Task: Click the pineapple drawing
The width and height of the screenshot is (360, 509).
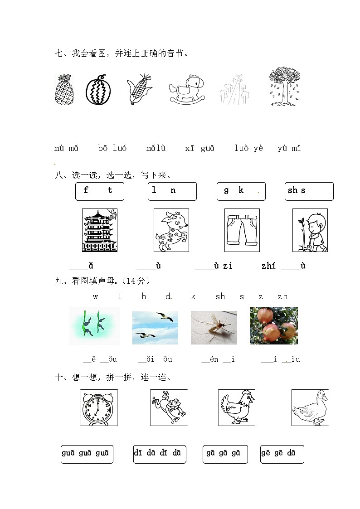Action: [x=64, y=90]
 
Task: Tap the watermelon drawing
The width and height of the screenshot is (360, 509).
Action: [x=98, y=90]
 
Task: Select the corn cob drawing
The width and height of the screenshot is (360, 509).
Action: [x=139, y=90]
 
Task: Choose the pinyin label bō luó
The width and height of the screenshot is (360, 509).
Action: [x=112, y=148]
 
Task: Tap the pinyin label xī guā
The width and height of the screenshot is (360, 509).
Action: [x=200, y=148]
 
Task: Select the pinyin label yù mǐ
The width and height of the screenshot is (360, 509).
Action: [x=289, y=148]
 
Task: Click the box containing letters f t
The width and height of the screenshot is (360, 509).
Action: [x=99, y=191]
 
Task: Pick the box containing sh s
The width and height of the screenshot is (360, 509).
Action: [x=309, y=191]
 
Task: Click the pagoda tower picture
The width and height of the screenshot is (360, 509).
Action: [x=99, y=230]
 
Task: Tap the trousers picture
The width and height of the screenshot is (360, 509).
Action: [x=242, y=230]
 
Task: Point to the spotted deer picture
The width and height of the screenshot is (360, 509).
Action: [x=171, y=230]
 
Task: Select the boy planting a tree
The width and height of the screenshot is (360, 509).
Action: [x=310, y=230]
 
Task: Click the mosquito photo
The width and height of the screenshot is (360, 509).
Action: [x=214, y=327]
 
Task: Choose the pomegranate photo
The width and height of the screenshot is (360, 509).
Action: [x=273, y=325]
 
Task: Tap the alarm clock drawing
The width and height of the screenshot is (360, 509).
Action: [x=99, y=407]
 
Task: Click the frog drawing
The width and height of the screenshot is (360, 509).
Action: [x=169, y=407]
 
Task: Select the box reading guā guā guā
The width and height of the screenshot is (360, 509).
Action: [x=87, y=454]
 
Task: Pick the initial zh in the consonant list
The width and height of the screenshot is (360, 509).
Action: [x=282, y=296]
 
